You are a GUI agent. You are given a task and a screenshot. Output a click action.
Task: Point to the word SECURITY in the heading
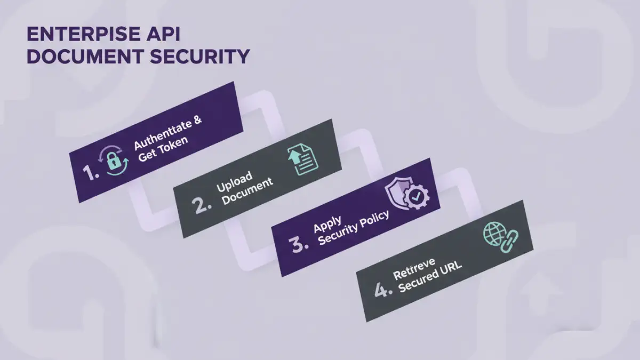point(203,56)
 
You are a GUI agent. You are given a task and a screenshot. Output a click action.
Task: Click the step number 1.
point(91,172)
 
